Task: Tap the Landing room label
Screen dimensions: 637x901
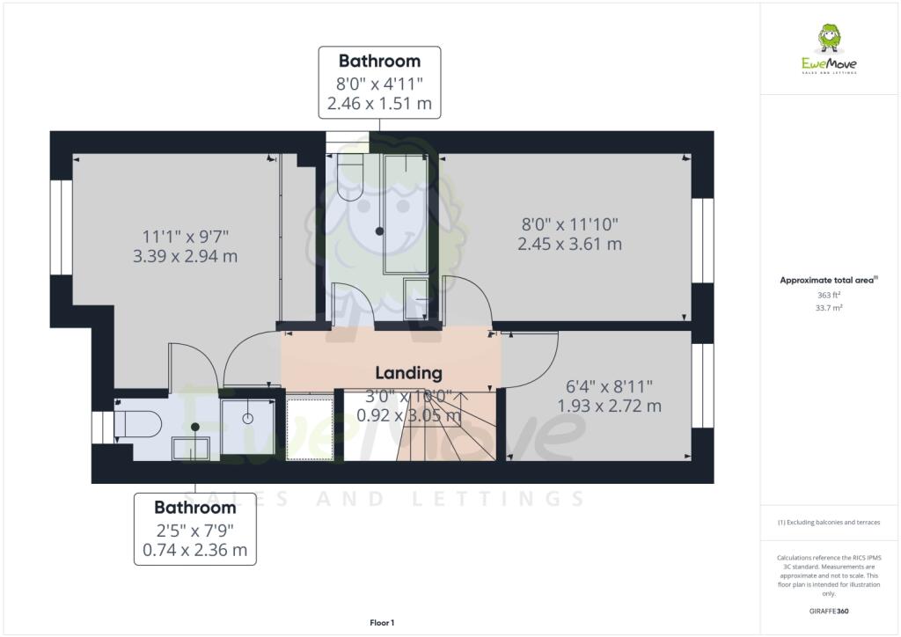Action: tap(408, 373)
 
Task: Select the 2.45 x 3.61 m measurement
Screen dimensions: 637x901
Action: tap(570, 244)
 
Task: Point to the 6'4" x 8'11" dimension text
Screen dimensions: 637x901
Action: tap(609, 385)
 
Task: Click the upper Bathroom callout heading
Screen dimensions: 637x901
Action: tap(379, 62)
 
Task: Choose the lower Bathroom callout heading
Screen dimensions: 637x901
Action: tap(194, 508)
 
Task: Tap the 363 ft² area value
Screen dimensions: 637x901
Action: tap(829, 296)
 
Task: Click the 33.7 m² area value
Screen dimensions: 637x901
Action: tap(829, 309)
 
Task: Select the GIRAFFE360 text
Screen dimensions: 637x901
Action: tap(829, 611)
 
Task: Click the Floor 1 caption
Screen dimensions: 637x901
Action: tap(382, 623)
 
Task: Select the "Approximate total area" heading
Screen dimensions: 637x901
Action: tap(827, 280)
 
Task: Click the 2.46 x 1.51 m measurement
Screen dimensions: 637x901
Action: tap(379, 104)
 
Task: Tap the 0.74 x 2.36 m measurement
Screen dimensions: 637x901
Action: tap(194, 551)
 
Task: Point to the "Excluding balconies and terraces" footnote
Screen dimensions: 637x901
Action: tap(828, 523)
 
